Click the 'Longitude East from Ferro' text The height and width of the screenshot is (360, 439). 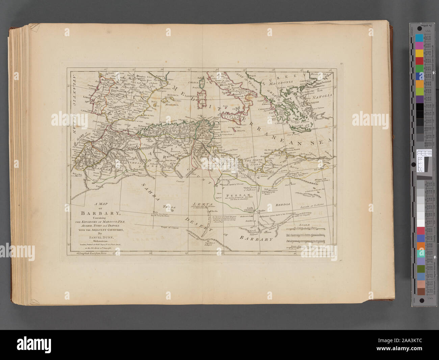pyautogui.click(x=92, y=253)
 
